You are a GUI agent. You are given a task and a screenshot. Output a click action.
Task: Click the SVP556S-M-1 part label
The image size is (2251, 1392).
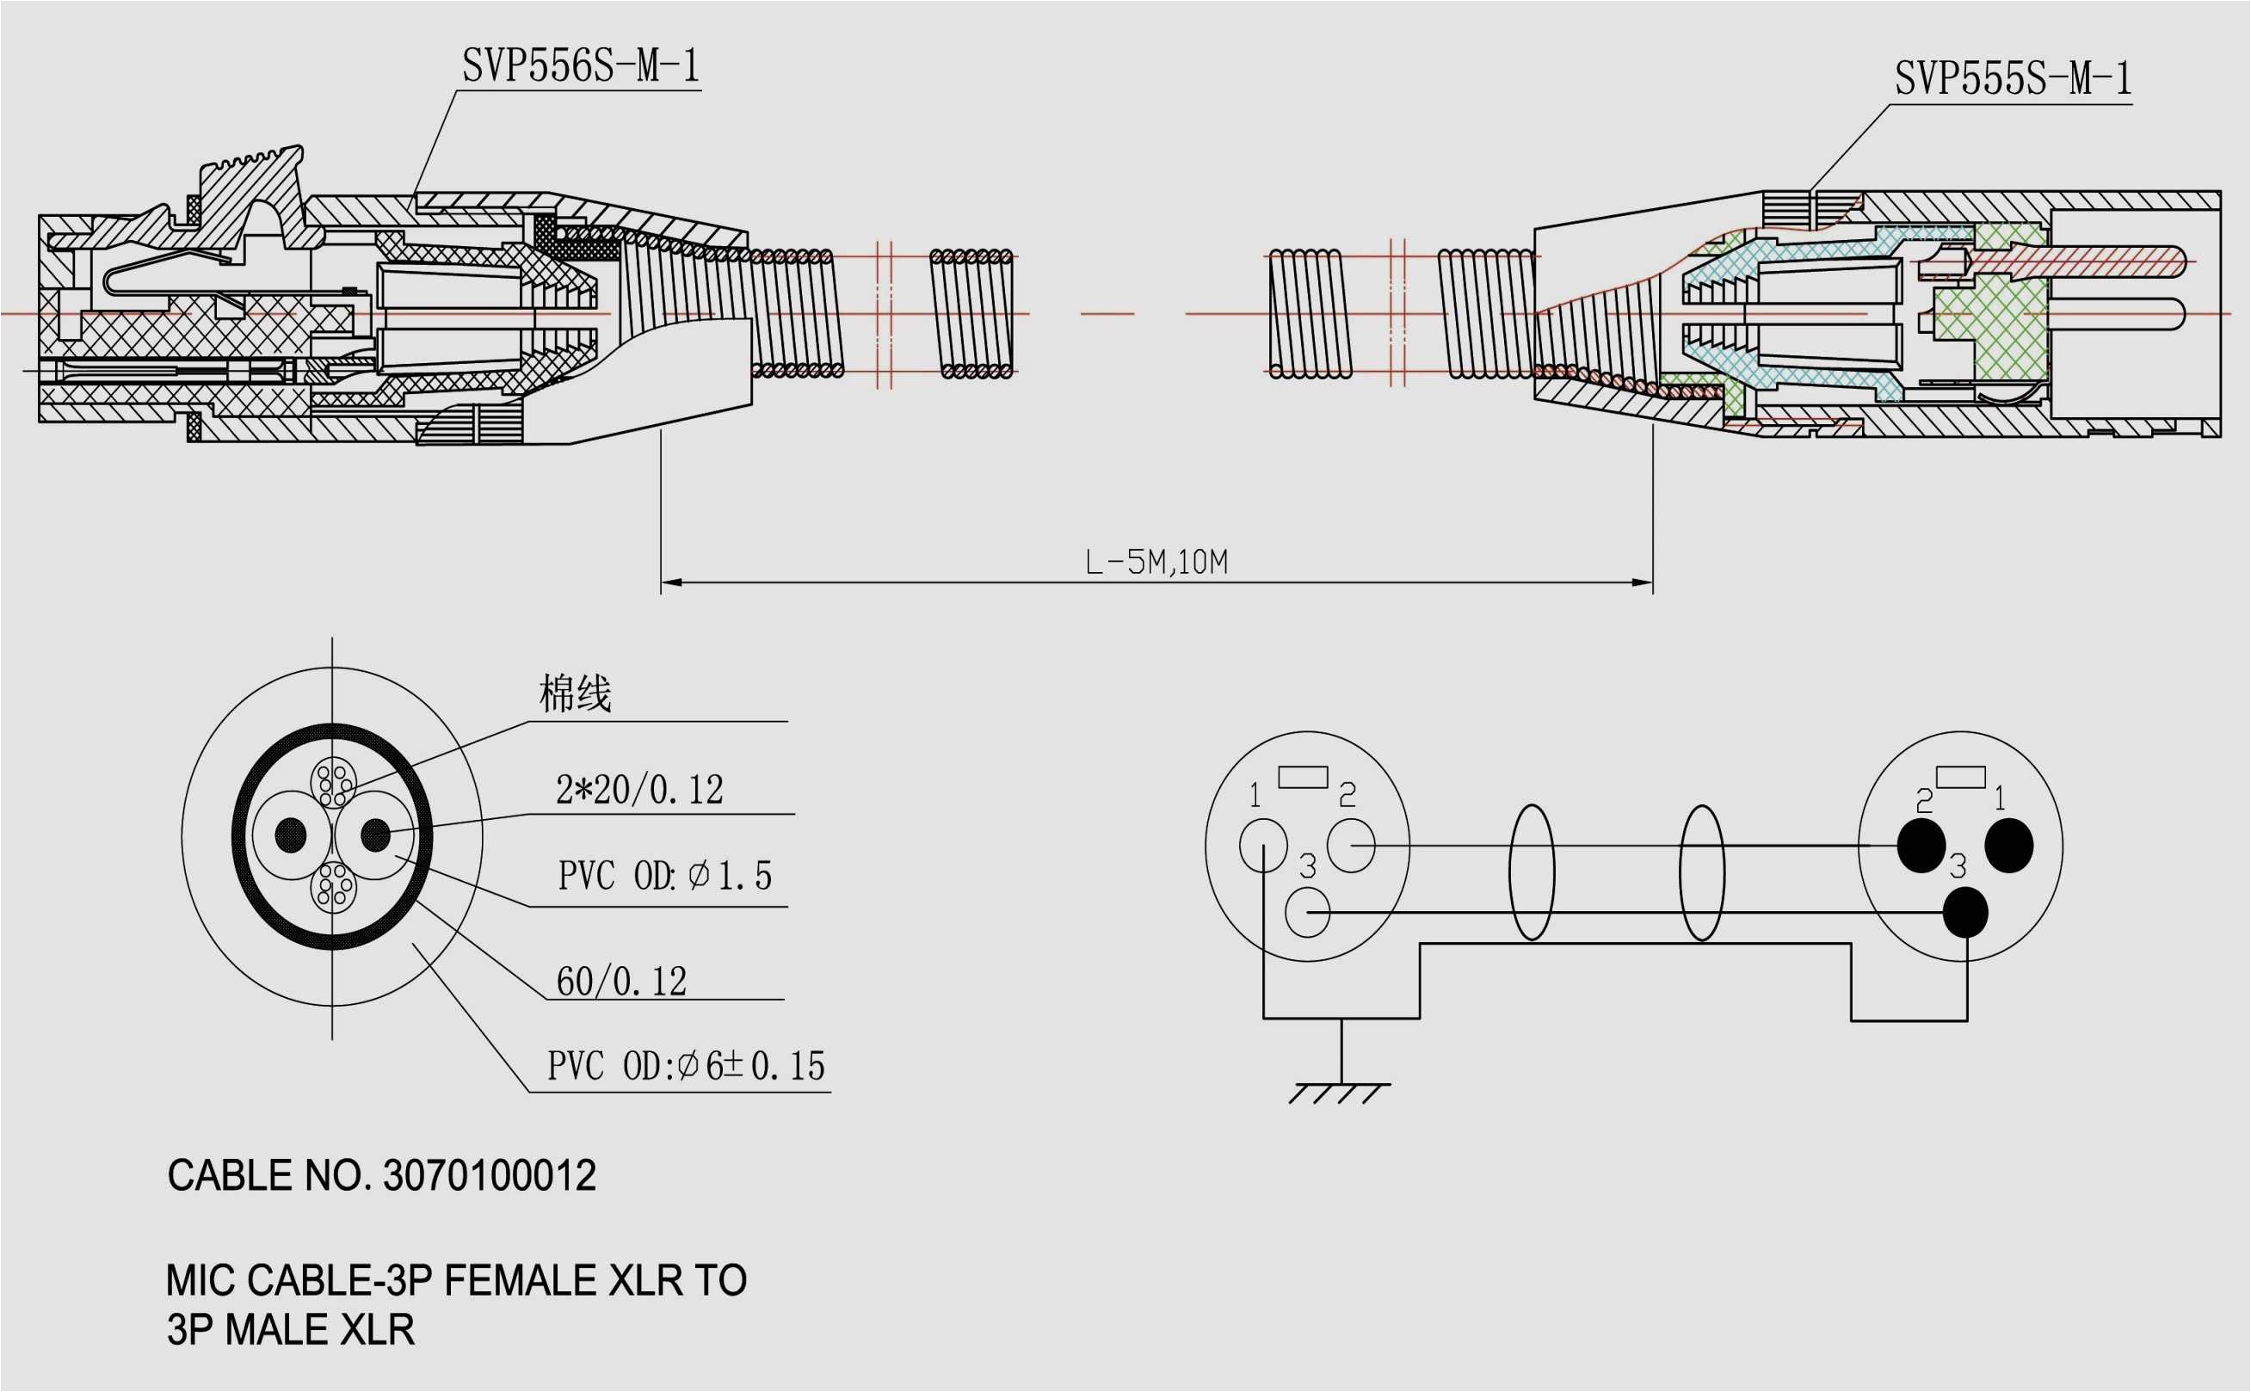[x=580, y=66]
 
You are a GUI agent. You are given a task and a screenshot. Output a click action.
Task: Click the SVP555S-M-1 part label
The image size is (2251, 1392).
[x=2012, y=79]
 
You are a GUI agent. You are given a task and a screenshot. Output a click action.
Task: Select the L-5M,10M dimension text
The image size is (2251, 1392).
[x=1156, y=562]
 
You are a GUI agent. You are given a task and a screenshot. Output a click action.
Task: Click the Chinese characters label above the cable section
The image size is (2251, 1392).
[x=575, y=694]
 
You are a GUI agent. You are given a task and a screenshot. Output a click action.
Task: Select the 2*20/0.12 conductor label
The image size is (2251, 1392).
[x=639, y=790]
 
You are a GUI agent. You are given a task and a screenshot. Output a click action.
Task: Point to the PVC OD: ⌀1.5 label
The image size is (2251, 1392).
[x=664, y=876]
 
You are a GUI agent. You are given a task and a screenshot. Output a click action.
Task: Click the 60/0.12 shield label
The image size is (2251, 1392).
[x=621, y=982]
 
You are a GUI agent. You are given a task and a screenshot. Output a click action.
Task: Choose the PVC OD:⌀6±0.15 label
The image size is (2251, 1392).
[x=686, y=1066]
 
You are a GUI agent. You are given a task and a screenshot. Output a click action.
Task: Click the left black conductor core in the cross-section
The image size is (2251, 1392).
[x=291, y=835]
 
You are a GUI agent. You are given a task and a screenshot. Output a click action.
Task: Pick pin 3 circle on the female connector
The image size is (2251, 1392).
[x=1307, y=912]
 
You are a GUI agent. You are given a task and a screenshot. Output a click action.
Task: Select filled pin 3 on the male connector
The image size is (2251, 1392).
[x=1964, y=912]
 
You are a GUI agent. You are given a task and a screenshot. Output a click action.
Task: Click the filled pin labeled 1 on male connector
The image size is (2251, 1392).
[x=2009, y=844]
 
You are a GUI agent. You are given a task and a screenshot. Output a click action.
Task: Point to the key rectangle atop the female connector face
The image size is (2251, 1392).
[x=1303, y=777]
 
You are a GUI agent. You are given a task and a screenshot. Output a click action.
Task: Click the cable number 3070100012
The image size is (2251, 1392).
[x=489, y=1176]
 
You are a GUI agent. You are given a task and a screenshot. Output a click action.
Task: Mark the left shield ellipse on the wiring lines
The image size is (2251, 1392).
[x=1531, y=872]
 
